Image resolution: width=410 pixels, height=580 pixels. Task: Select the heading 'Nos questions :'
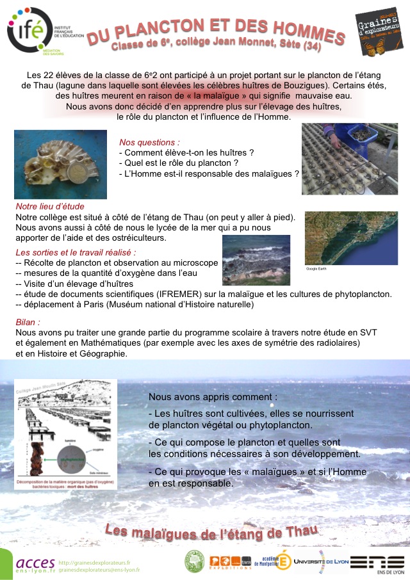click(149, 141)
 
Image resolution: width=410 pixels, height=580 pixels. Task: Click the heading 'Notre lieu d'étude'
click(50, 207)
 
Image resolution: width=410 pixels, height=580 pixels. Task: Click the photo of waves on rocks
click(256, 260)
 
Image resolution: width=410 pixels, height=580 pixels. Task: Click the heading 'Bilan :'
click(28, 322)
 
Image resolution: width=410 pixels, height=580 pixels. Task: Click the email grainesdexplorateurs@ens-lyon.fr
click(99, 569)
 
